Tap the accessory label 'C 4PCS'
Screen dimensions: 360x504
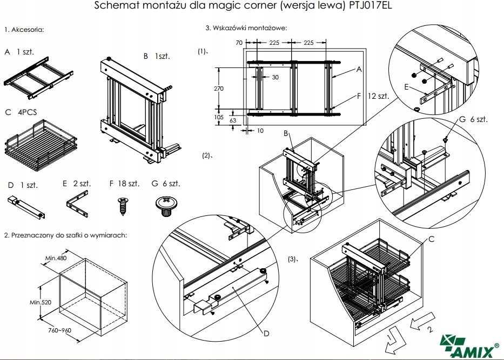tap(19, 113)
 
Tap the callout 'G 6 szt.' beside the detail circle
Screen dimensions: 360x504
tap(473, 119)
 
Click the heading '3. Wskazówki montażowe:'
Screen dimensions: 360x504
tap(246, 28)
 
